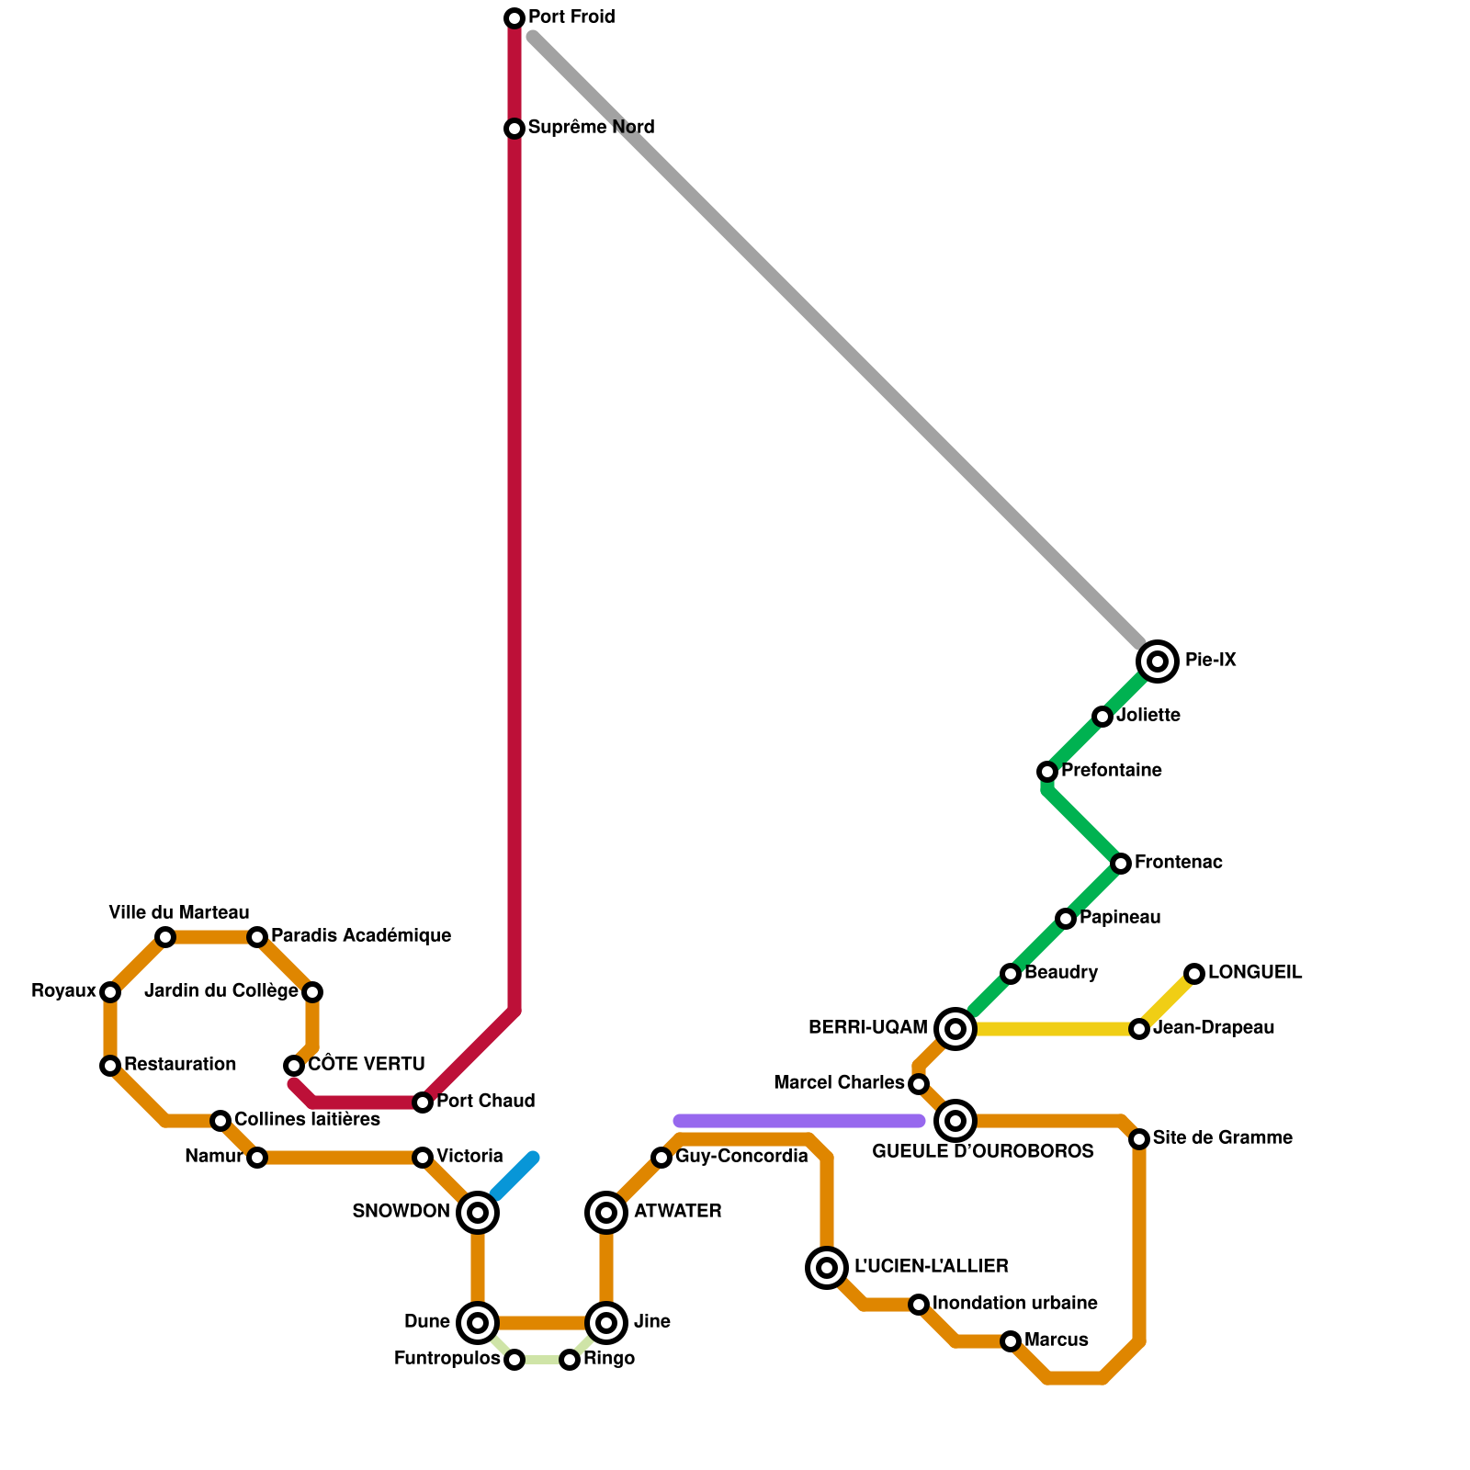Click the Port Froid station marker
[514, 18]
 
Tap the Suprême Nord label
[591, 128]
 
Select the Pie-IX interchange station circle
[1158, 661]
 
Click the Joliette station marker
[1102, 716]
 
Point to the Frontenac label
[1178, 863]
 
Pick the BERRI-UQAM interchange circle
[955, 1028]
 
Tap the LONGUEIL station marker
[1194, 973]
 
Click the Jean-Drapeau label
[1213, 1028]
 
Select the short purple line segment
[799, 1120]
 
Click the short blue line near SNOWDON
[514, 1176]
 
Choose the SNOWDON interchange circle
[478, 1213]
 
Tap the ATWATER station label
[677, 1212]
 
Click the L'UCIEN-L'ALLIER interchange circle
[827, 1268]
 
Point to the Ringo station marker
[570, 1360]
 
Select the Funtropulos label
[447, 1359]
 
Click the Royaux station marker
[110, 992]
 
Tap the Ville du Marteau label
[179, 913]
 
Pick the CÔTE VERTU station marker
[294, 1066]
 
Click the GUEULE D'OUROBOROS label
[982, 1152]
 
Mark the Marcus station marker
[1011, 1341]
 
